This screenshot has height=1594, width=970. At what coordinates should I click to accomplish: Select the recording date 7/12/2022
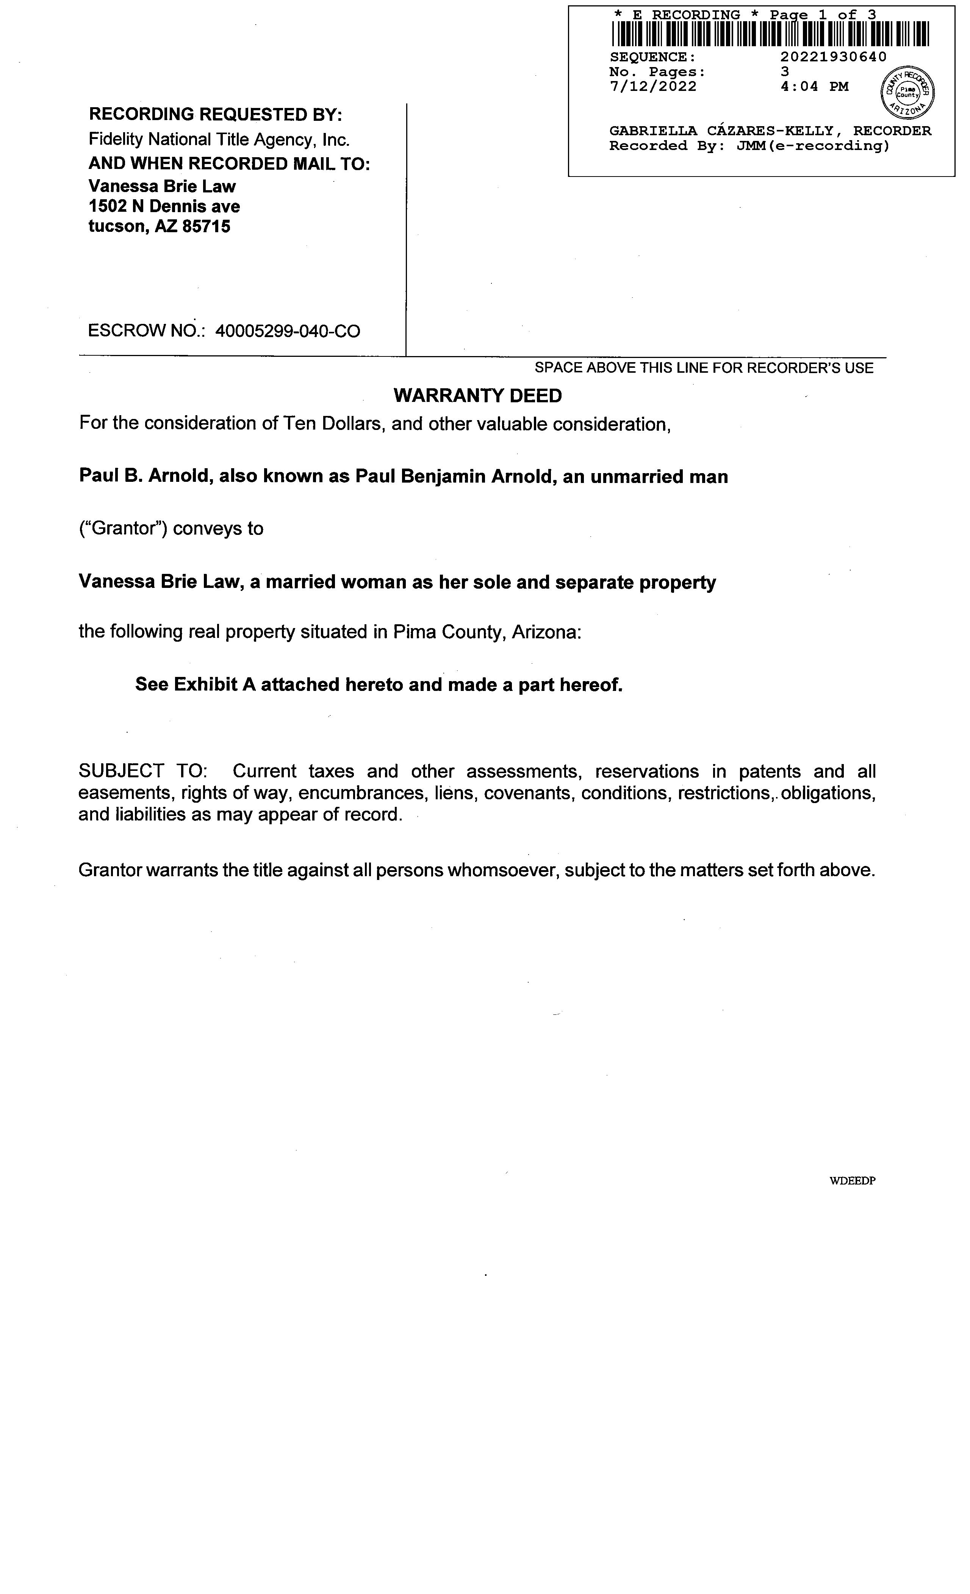(x=653, y=87)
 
